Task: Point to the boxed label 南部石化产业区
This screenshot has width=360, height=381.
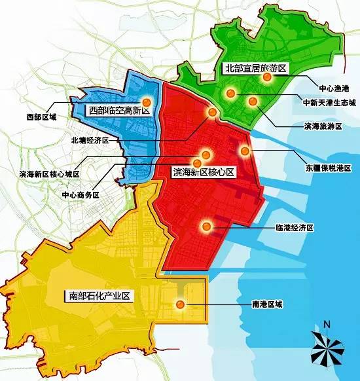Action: pos(99,296)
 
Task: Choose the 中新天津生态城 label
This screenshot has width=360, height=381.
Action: pos(329,103)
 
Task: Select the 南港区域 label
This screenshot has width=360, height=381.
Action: pos(268,304)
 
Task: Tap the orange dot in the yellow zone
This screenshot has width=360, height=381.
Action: pos(179,304)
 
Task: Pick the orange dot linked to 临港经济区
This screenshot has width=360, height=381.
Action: pos(206,227)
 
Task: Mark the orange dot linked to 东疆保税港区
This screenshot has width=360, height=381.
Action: pos(245,151)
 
